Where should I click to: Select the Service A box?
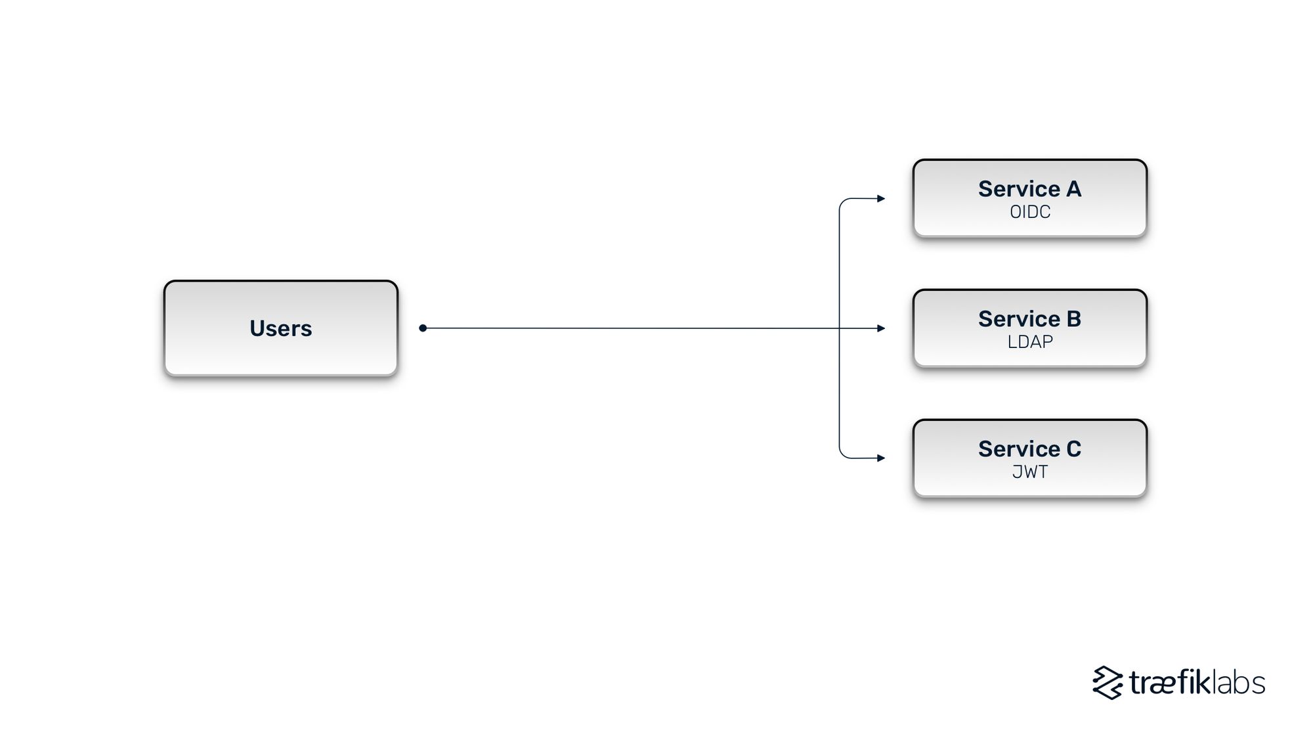click(x=1029, y=198)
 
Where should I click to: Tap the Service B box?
click(x=1029, y=328)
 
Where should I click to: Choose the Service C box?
click(x=1029, y=458)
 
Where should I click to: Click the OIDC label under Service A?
click(x=1029, y=212)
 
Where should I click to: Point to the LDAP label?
click(x=1029, y=342)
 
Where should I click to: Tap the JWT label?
click(x=1029, y=472)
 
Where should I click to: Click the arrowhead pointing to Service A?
click(x=881, y=198)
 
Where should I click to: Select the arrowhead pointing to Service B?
click(x=881, y=328)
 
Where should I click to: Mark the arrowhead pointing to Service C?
click(x=881, y=458)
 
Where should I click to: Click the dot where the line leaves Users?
click(x=423, y=328)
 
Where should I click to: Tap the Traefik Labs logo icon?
click(x=1108, y=683)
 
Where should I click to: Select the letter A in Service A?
click(x=1073, y=189)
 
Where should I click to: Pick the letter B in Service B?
click(x=1073, y=319)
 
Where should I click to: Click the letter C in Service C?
click(x=1073, y=449)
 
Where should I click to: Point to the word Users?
click(x=281, y=328)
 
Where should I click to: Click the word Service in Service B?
click(x=1018, y=319)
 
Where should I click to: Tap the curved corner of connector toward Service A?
click(x=843, y=202)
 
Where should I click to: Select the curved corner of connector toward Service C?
click(x=843, y=454)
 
